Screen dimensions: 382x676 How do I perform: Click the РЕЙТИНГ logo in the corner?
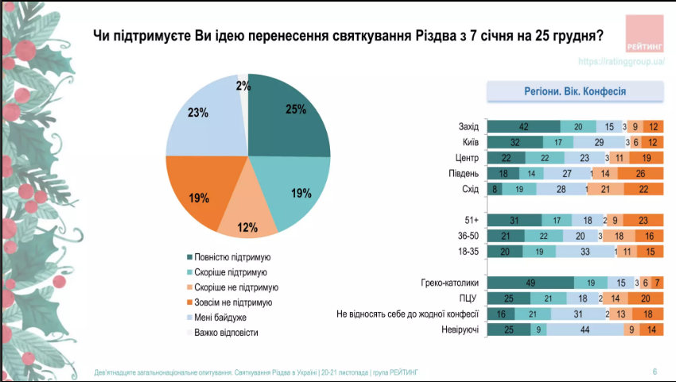point(645,35)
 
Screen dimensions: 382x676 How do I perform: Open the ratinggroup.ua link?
point(620,61)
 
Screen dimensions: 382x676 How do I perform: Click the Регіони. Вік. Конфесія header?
point(575,91)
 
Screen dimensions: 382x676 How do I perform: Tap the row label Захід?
point(468,126)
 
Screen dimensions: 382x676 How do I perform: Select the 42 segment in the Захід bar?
point(523,126)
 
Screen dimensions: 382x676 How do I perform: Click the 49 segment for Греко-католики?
point(530,282)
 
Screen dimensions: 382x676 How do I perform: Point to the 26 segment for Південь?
point(641,173)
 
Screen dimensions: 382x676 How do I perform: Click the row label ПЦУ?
point(468,298)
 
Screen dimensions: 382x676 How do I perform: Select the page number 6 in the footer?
point(655,372)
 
